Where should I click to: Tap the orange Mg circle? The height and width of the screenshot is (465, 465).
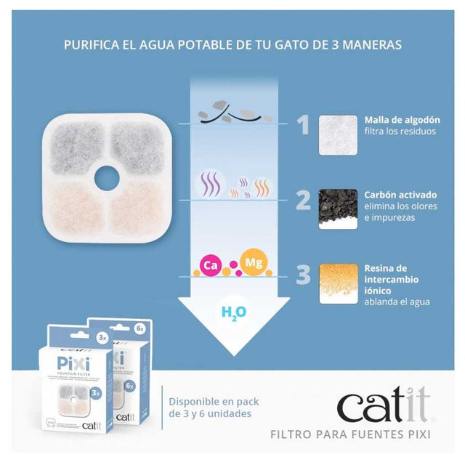[x=254, y=263]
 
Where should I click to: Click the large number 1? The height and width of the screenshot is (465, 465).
[x=302, y=126]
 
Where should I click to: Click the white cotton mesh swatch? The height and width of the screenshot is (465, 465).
[x=338, y=134]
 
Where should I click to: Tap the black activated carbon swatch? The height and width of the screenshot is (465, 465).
[x=338, y=209]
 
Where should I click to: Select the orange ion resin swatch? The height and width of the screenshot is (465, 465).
[x=338, y=284]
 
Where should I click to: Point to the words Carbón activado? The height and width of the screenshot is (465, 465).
[x=400, y=195]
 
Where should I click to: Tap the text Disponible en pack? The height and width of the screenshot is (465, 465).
[x=214, y=401]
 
